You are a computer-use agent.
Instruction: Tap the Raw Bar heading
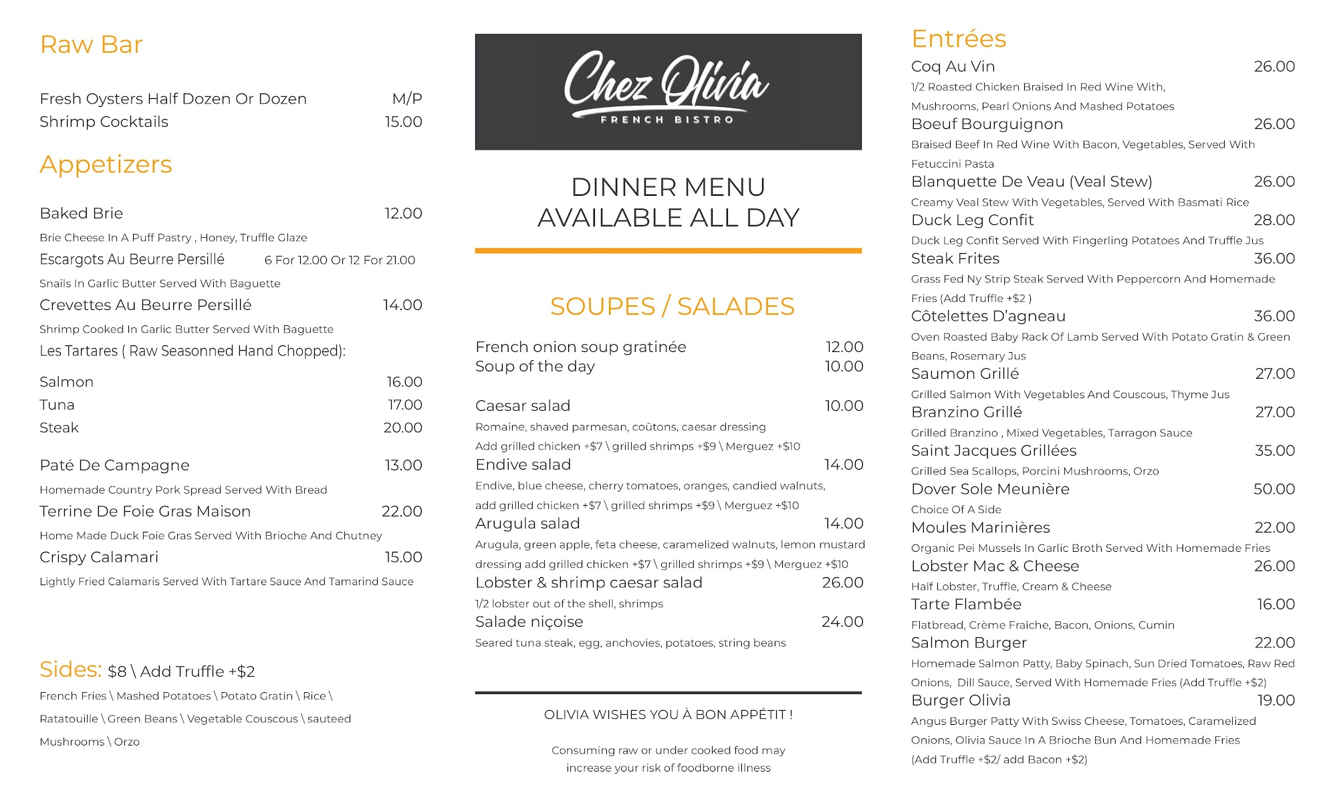(92, 45)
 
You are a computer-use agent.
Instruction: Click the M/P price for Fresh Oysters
(406, 99)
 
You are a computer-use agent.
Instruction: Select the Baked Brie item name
(82, 213)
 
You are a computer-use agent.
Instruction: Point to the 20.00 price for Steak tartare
(402, 428)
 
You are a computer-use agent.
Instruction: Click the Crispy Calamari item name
(99, 557)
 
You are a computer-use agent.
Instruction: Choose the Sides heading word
(70, 669)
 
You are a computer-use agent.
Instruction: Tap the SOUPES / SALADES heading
(672, 306)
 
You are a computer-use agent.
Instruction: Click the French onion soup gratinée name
(580, 347)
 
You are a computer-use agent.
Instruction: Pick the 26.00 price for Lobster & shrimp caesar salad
(842, 583)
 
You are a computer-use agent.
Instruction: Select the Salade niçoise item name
(529, 622)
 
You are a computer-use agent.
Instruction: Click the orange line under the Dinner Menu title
(668, 251)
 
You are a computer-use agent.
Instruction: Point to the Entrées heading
(959, 39)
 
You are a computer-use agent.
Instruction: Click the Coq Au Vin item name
(953, 67)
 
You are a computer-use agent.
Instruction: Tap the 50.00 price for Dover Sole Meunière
(1273, 489)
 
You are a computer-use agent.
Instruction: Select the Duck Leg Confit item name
(972, 220)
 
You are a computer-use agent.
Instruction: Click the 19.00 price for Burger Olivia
(1275, 700)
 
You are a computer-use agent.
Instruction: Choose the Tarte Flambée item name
(966, 605)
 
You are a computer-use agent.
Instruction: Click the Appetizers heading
(106, 164)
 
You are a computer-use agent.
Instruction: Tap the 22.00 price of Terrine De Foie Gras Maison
(402, 512)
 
